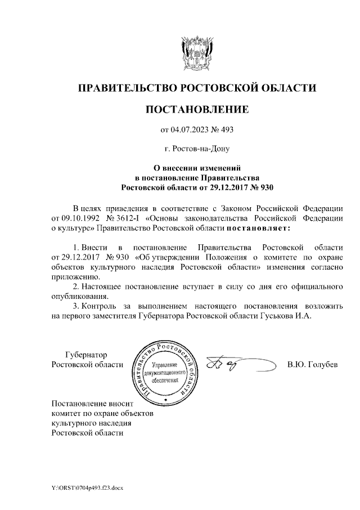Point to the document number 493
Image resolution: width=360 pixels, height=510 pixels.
pos(226,131)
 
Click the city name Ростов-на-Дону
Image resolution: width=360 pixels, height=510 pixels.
pos(197,149)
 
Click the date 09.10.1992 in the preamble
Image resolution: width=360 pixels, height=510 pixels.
pos(71,218)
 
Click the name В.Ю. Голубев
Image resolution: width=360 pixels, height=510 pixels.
pos(312,364)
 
